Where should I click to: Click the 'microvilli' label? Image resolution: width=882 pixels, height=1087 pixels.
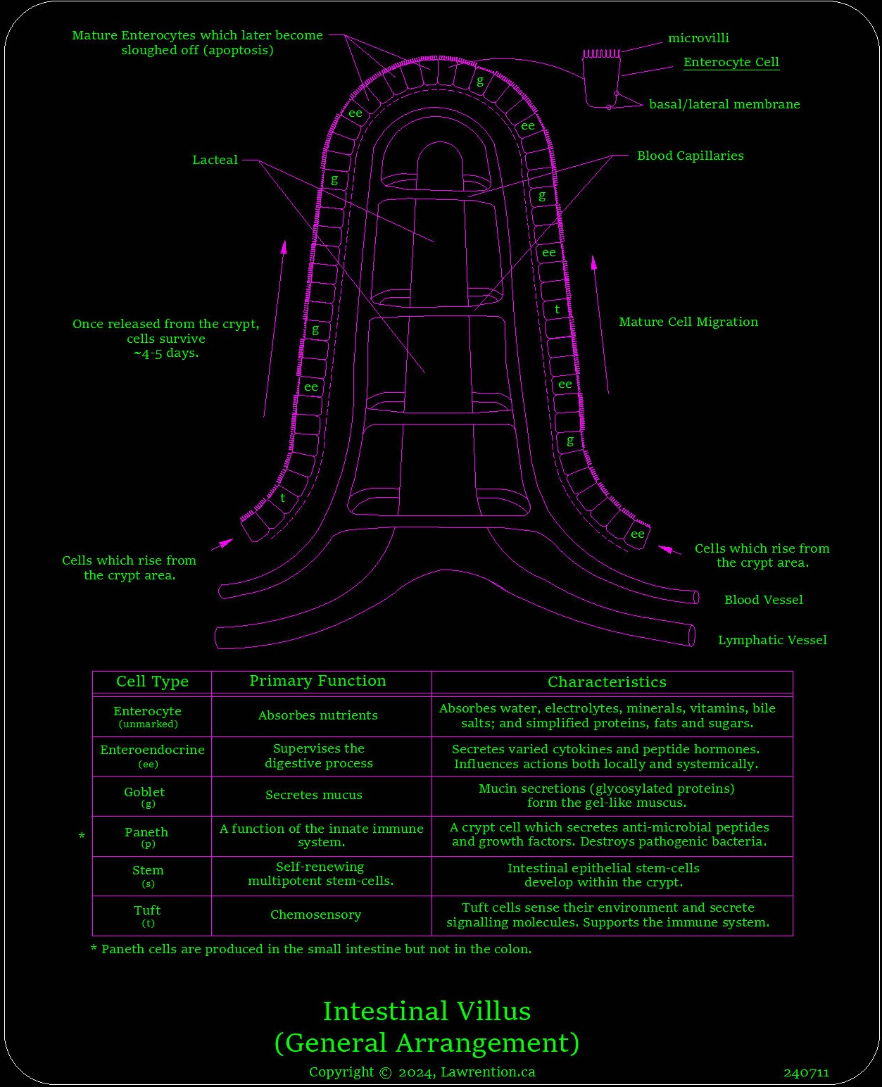tap(698, 38)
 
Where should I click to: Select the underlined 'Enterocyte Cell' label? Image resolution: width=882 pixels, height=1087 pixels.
tap(731, 62)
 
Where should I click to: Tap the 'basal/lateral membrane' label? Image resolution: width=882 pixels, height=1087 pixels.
tap(724, 104)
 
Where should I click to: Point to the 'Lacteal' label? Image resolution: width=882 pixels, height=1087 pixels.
tap(215, 160)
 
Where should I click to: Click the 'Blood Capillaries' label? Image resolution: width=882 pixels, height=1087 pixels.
tap(690, 156)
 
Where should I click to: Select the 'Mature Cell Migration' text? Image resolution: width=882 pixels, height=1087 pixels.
tap(688, 322)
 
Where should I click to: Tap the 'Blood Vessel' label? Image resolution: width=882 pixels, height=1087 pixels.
tap(763, 600)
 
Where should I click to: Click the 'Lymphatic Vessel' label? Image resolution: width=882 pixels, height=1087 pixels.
tap(771, 640)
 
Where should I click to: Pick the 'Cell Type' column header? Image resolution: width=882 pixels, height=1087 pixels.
tap(152, 681)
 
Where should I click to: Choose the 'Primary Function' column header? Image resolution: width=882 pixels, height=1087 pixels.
tap(317, 681)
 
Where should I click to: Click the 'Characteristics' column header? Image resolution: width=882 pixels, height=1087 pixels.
tap(607, 681)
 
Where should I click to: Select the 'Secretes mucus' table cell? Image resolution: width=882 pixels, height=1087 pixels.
tap(314, 795)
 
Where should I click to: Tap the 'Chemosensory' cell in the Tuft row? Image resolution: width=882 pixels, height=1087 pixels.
tap(315, 915)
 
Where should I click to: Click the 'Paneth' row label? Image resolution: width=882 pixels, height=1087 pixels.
tap(146, 832)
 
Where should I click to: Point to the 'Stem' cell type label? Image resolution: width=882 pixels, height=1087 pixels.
tap(148, 870)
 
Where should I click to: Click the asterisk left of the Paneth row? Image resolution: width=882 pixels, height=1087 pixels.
tap(82, 836)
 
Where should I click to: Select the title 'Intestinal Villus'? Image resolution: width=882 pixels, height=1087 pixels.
tap(427, 1011)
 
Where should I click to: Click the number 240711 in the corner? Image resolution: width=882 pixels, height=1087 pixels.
tap(806, 1073)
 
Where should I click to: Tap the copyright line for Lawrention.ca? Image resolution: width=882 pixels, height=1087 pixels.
tap(422, 1072)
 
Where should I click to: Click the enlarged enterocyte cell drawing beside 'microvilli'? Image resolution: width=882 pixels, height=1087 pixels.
tap(602, 81)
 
